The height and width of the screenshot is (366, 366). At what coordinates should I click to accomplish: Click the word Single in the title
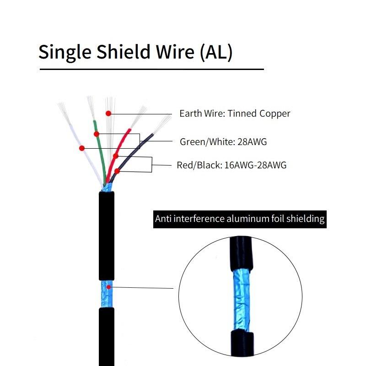coord(64,52)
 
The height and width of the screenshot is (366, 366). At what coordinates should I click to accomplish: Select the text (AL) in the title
coord(216,52)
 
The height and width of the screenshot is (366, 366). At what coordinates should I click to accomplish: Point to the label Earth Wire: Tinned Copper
coord(235,113)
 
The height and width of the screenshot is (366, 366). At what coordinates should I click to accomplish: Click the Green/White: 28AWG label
coord(223,142)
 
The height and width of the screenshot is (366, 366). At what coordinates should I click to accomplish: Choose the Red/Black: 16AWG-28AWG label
coord(231,165)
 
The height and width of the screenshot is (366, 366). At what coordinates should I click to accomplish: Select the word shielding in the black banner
coord(306,219)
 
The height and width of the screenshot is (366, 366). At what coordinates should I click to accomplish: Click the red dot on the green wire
coord(97,134)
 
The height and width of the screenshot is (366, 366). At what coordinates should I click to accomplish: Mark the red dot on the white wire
coord(82,148)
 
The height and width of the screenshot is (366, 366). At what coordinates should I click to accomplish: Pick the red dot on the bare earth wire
coord(108,113)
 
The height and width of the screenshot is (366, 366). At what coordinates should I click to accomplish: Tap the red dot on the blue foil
coord(108,287)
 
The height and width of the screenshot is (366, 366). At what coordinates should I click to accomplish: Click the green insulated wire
coord(99,156)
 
